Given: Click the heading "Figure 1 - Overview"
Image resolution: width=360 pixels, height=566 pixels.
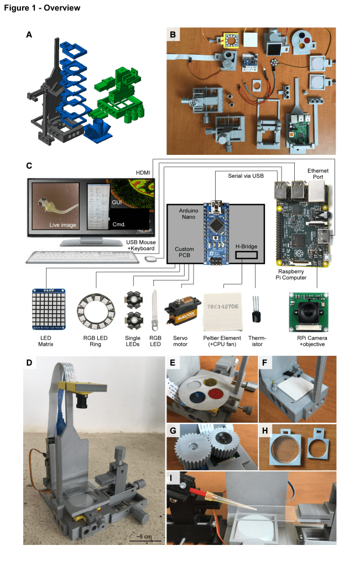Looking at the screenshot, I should tap(42, 8).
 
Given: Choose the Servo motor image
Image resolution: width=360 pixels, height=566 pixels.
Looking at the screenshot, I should tap(184, 309).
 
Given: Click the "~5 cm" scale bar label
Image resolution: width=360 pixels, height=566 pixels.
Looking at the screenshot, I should tap(147, 536).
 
